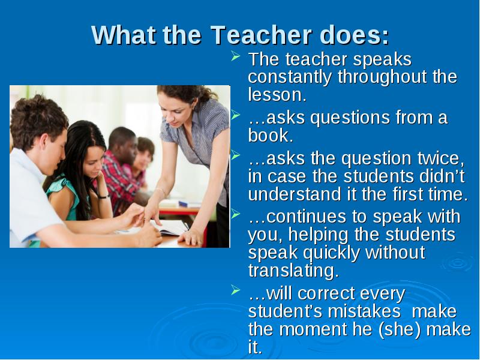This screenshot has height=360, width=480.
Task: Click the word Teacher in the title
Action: [261, 35]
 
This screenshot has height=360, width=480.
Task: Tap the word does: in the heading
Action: [354, 35]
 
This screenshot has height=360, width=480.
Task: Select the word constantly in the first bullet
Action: [290, 77]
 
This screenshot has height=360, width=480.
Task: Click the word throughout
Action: [382, 78]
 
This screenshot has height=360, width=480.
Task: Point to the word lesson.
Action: [277, 95]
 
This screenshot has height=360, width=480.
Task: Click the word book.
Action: [271, 136]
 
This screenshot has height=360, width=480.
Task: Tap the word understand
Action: [295, 194]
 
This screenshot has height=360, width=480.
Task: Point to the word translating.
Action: [293, 271]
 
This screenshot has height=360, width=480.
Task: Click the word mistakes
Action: [364, 311]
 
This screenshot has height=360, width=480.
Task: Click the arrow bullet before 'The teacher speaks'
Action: [235, 56]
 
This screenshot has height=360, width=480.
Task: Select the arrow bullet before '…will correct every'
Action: [235, 290]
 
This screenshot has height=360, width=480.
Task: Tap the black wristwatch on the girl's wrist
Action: [103, 196]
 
